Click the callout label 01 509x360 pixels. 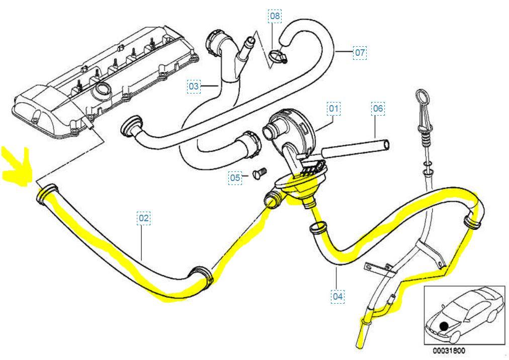(334, 108)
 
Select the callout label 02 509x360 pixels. (144, 218)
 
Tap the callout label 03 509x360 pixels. (194, 86)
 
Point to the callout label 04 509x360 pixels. (337, 296)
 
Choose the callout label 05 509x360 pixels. (235, 177)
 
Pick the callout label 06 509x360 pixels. (378, 108)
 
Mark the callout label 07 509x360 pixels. (360, 52)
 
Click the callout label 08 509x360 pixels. (275, 16)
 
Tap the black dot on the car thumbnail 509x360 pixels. (444, 326)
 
